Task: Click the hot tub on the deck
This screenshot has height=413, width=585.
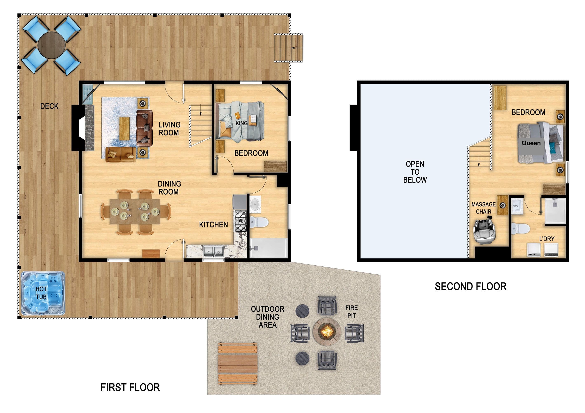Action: click(x=43, y=293)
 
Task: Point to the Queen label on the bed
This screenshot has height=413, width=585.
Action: click(x=531, y=143)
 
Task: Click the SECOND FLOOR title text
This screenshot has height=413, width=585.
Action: click(x=470, y=286)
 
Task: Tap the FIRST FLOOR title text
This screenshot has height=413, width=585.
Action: click(x=130, y=387)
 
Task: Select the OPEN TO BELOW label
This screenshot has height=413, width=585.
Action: click(x=415, y=172)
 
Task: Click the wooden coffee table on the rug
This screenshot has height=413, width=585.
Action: click(x=124, y=128)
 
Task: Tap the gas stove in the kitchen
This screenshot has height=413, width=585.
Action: click(x=241, y=220)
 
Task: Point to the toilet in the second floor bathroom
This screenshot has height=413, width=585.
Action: click(x=521, y=228)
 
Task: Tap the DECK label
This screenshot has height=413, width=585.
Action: click(x=49, y=106)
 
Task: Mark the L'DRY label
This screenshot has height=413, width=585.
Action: click(x=547, y=239)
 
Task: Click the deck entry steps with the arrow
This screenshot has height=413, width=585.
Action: click(x=288, y=48)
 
